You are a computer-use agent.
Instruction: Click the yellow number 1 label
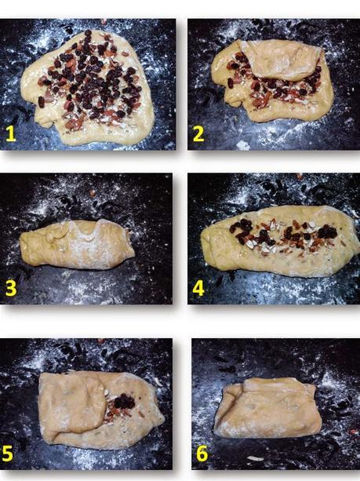pyautogui.click(x=10, y=133)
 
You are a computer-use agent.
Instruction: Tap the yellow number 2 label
pyautogui.click(x=198, y=133)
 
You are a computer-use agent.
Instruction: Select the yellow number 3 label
pyautogui.click(x=10, y=288)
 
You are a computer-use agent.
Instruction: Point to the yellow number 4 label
pyautogui.click(x=198, y=288)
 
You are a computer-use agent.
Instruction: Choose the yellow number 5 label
pyautogui.click(x=9, y=454)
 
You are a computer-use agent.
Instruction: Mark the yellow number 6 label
pyautogui.click(x=201, y=454)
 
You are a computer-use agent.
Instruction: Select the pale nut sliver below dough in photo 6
pyautogui.click(x=256, y=458)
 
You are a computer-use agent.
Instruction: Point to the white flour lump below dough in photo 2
pyautogui.click(x=244, y=144)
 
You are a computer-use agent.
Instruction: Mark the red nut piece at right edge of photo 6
pyautogui.click(x=354, y=431)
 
